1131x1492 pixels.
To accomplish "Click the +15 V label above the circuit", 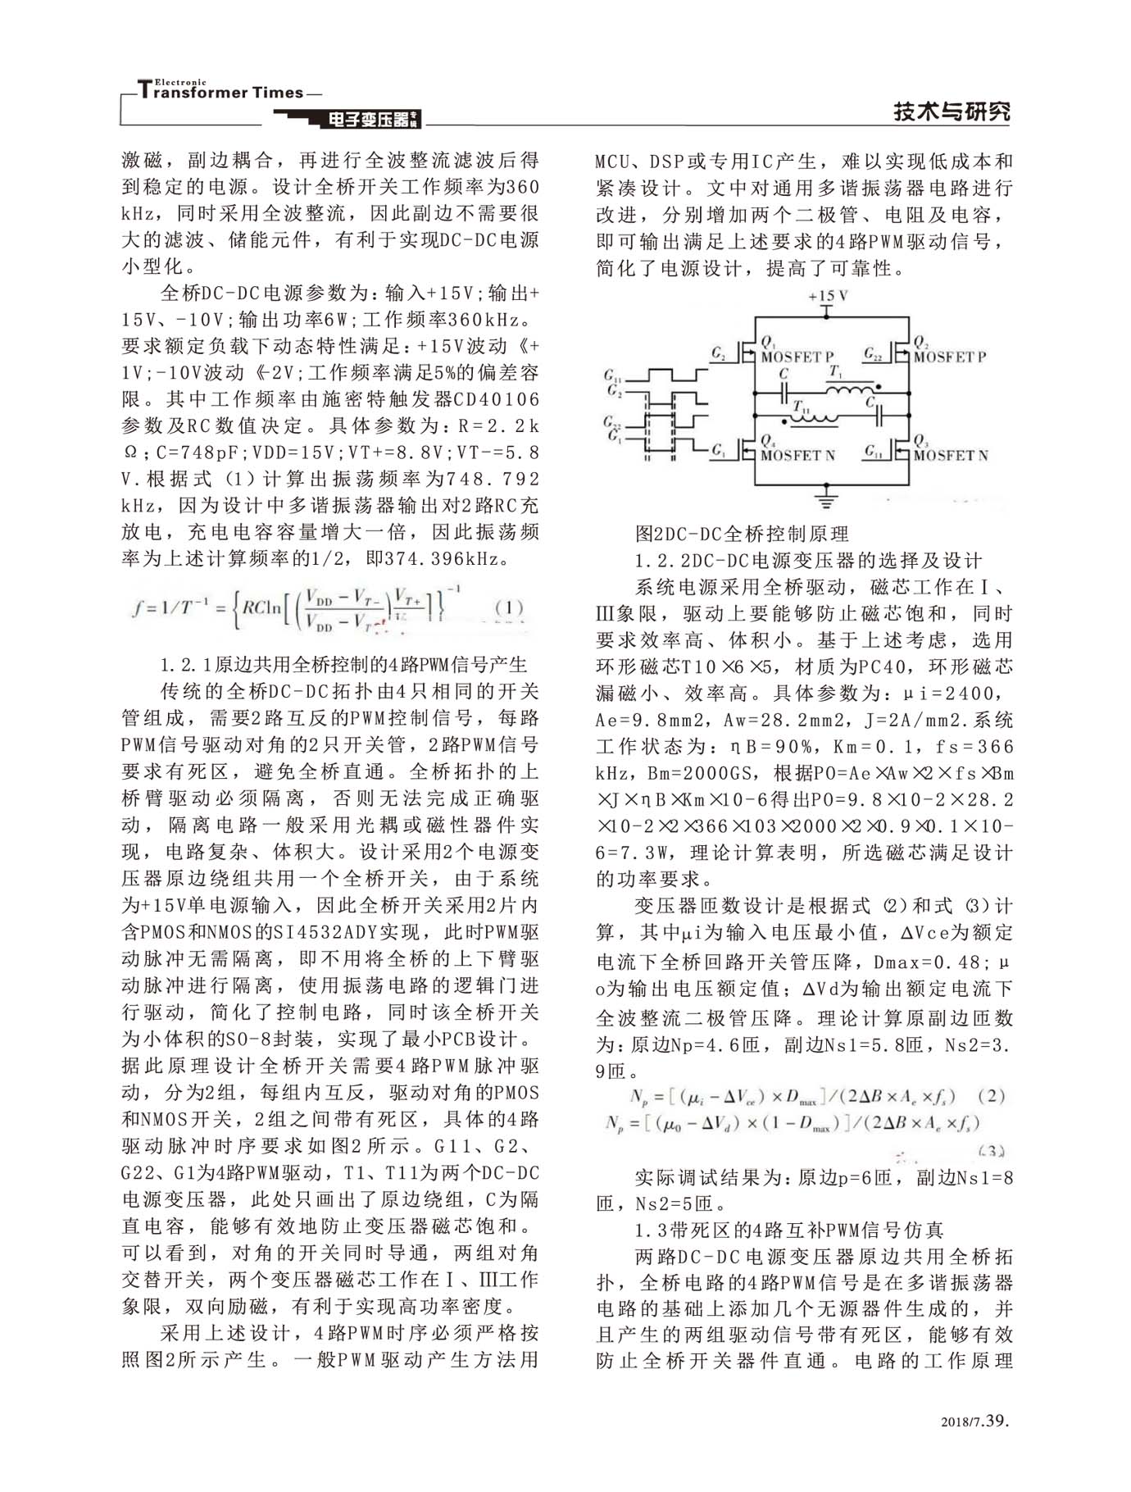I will (827, 296).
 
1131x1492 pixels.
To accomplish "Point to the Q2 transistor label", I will (920, 342).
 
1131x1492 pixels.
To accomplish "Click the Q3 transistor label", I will (920, 441).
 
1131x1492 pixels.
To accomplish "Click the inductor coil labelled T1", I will (847, 389).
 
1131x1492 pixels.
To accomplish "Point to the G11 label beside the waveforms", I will (612, 376).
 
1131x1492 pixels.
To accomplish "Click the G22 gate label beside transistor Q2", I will (873, 354).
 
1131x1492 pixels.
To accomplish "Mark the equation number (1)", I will (509, 608).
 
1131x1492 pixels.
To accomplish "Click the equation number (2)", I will (991, 1097).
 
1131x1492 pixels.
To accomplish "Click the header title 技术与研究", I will (952, 111).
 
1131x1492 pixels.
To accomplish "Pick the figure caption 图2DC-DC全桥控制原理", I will (743, 534).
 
